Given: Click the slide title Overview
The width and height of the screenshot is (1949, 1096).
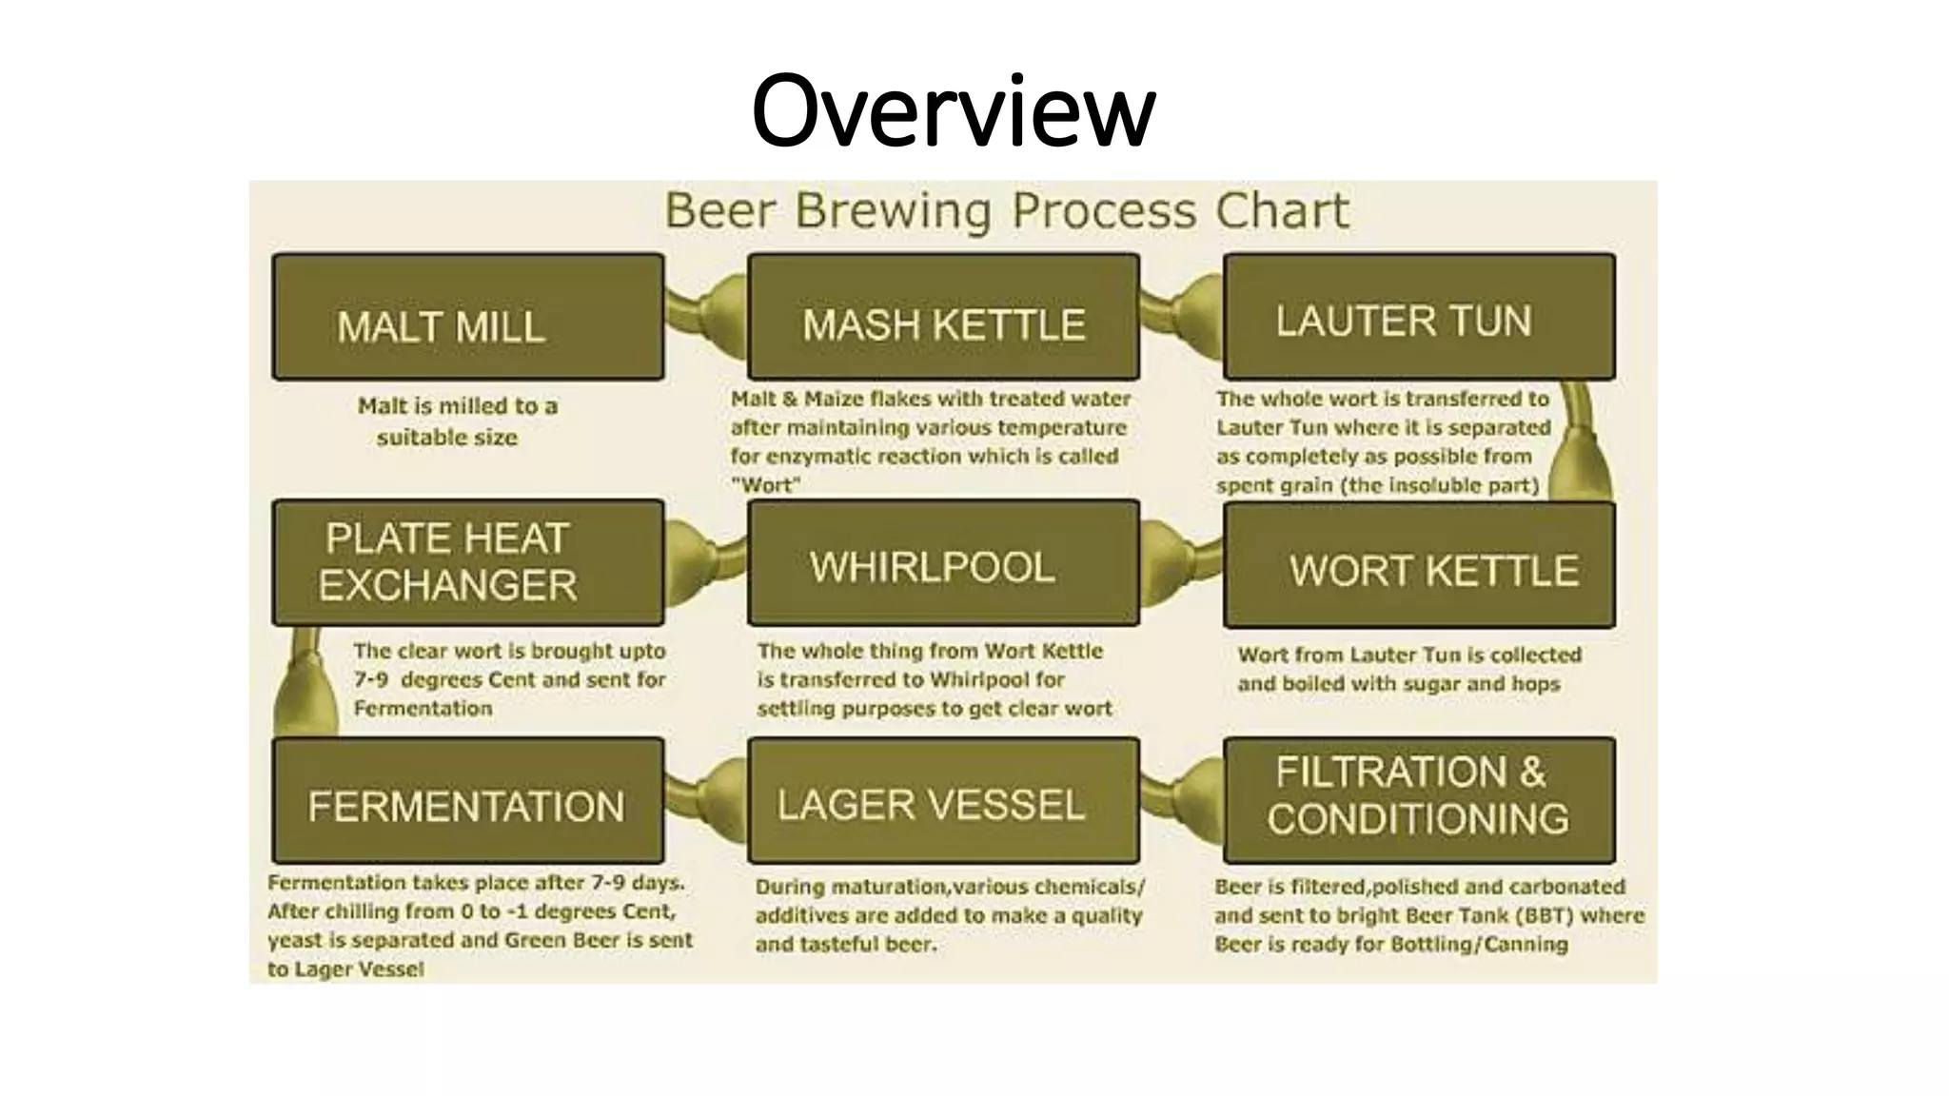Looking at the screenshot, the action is pyautogui.click(x=953, y=111).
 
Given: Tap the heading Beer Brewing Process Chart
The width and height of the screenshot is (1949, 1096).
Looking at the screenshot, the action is pyautogui.click(x=1006, y=210).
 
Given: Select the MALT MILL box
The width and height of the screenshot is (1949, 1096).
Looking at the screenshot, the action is pyautogui.click(x=467, y=317).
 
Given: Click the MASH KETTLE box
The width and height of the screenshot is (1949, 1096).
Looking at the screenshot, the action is pyautogui.click(x=943, y=317).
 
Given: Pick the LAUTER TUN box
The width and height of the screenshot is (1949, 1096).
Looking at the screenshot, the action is pyautogui.click(x=1419, y=317).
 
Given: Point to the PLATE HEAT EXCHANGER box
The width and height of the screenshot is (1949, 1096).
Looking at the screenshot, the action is pyautogui.click(x=467, y=562).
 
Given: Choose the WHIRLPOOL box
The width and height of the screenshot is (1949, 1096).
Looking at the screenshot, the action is pyautogui.click(x=943, y=562).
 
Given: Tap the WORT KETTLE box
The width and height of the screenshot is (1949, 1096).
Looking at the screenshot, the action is pyautogui.click(x=1419, y=565).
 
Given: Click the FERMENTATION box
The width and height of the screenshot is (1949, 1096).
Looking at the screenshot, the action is pyautogui.click(x=467, y=800).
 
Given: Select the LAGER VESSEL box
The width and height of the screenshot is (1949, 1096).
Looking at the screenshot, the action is pyautogui.click(x=943, y=800).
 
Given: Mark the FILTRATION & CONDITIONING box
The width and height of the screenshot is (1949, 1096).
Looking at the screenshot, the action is pyautogui.click(x=1419, y=800).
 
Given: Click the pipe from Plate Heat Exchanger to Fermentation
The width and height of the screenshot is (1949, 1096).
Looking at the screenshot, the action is pyautogui.click(x=306, y=681).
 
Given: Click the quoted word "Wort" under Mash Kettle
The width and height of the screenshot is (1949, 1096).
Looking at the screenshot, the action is pyautogui.click(x=766, y=485).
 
